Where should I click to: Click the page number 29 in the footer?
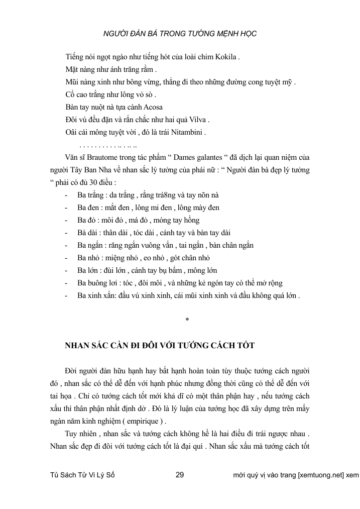pyautogui.click(x=181, y=475)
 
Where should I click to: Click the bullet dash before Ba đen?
pyautogui.click(x=67, y=208)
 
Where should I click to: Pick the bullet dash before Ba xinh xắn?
pyautogui.click(x=67, y=296)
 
